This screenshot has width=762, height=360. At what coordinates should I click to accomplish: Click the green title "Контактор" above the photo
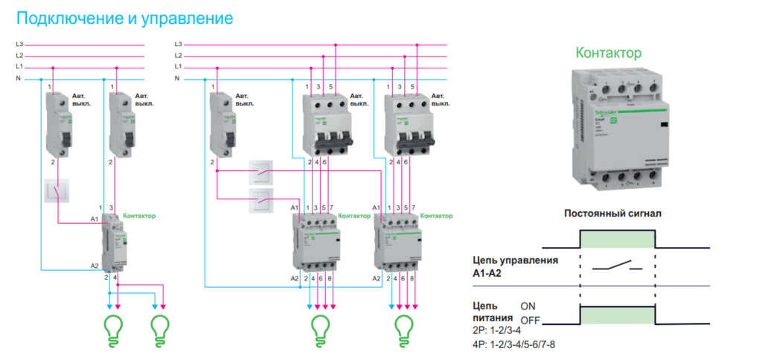point(608,53)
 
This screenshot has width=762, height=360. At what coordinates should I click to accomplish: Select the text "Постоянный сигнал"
point(612,213)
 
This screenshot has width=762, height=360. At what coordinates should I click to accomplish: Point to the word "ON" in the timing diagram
point(528,306)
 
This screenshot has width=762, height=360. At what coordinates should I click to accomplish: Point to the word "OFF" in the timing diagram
point(530,321)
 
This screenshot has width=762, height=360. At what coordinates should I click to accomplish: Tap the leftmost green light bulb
point(114,327)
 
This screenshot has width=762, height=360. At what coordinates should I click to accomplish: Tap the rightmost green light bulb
point(403,327)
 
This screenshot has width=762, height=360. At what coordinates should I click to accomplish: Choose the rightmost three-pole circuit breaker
point(406,124)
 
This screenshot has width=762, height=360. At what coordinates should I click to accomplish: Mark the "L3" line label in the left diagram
point(20,45)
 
